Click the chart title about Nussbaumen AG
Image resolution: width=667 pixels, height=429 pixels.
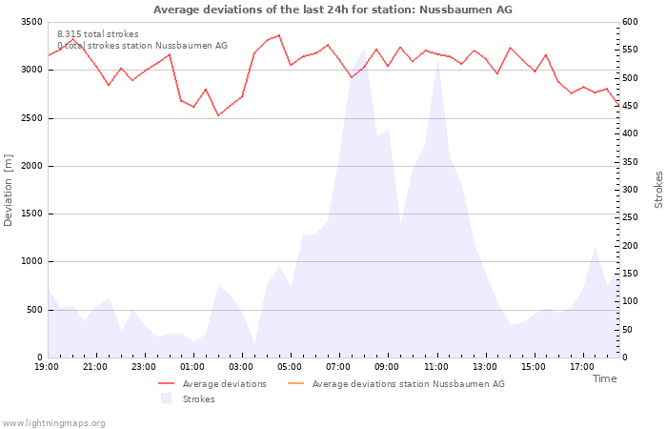pos(333,10)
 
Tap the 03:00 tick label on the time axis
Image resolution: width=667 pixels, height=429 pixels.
pos(241,367)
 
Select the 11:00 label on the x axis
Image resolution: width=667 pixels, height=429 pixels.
pos(436,367)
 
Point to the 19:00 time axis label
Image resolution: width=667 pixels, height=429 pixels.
pos(47,367)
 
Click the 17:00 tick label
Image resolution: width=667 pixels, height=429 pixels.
pos(582,367)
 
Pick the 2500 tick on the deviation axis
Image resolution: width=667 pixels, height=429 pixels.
pos(31,118)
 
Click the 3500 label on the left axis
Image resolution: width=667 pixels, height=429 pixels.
pos(31,22)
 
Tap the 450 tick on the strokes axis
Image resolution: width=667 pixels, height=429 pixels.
pos(630,106)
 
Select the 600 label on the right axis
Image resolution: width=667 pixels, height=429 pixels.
pos(630,22)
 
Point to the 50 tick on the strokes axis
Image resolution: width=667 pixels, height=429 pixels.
pos(627,330)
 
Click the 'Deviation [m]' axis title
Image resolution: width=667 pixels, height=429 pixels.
pos(8,191)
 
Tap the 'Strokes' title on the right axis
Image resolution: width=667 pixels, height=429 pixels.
pos(658,190)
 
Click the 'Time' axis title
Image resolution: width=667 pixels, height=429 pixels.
pos(604,378)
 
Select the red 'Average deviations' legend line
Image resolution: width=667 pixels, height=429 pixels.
pos(167,384)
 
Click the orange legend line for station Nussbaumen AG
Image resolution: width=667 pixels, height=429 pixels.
pos(296,384)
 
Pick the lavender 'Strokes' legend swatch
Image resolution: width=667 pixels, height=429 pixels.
pos(167,398)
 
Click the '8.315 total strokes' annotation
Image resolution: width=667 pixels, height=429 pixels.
pos(98,34)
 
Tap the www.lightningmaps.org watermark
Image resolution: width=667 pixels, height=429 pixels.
pos(53,423)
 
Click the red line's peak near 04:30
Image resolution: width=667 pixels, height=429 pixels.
pos(279,35)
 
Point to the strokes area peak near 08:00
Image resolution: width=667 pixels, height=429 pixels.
pos(364,49)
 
